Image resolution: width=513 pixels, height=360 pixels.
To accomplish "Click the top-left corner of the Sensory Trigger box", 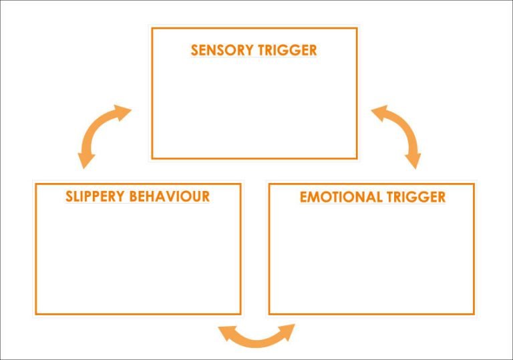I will (152, 28).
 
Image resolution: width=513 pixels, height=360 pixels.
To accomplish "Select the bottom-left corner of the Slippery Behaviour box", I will (36, 313).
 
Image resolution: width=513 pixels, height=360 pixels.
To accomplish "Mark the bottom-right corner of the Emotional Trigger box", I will (474, 313).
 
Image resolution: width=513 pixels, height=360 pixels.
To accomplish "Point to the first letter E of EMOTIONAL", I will (304, 197).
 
